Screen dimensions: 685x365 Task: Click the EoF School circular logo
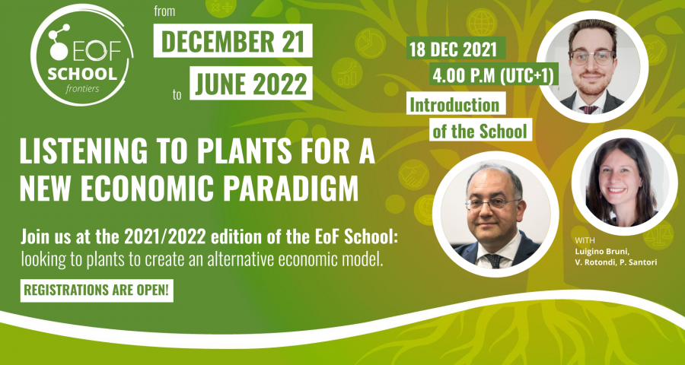click(82, 55)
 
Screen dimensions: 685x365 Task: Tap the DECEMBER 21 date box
click(233, 40)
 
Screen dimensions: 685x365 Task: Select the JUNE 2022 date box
click(251, 83)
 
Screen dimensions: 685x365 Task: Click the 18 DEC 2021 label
click(456, 48)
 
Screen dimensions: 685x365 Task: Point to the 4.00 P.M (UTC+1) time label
click(493, 75)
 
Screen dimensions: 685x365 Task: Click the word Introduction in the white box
click(456, 104)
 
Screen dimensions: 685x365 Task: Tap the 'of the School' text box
click(480, 130)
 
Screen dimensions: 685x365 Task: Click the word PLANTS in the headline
click(244, 151)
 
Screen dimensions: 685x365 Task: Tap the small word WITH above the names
click(585, 240)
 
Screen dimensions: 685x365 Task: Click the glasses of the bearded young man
click(591, 57)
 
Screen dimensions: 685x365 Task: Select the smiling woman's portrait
click(624, 182)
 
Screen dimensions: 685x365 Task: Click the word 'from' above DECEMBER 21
click(164, 11)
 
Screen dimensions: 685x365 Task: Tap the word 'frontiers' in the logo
click(81, 89)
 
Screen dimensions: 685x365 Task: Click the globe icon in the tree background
click(482, 21)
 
